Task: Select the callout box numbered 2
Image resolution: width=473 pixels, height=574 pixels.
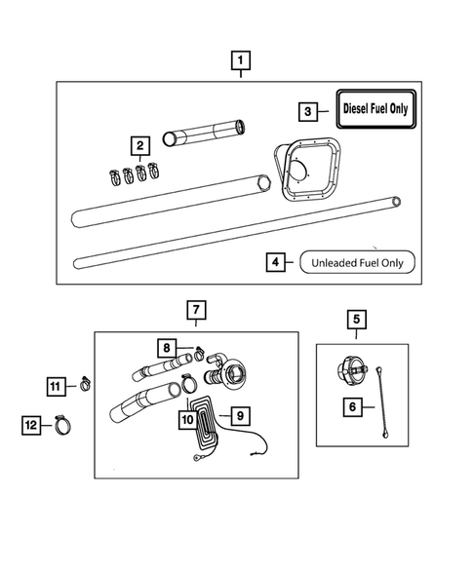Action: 140,146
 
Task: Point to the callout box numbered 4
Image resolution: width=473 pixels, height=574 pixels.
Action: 277,261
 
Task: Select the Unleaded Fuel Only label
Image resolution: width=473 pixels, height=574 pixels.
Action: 358,261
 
